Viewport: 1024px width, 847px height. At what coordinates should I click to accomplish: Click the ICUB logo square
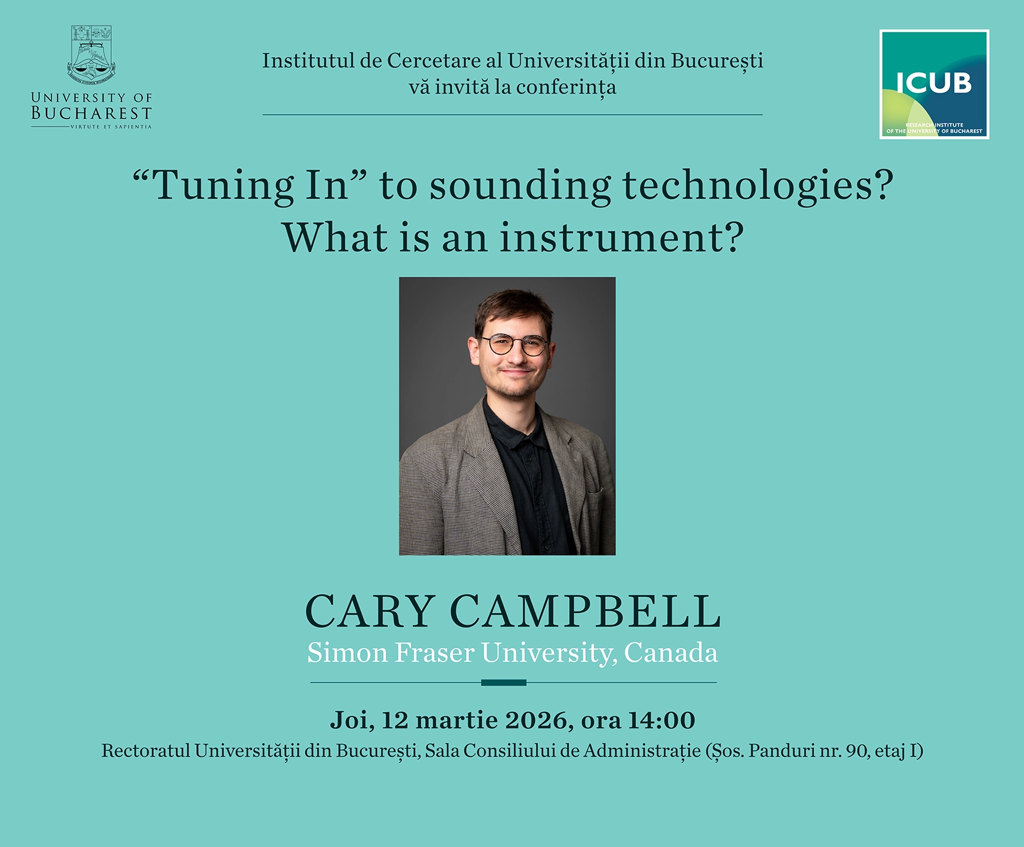click(x=934, y=84)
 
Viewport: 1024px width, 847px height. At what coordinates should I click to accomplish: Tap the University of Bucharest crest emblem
click(x=92, y=55)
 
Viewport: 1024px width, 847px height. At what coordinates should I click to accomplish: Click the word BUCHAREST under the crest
click(x=92, y=113)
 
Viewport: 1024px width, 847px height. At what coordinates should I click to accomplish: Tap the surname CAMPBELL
click(x=585, y=611)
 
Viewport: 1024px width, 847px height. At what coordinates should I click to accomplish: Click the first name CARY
click(x=369, y=611)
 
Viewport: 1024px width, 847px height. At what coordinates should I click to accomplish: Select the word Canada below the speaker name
click(x=671, y=653)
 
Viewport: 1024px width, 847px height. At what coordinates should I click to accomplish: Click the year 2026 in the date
click(x=536, y=720)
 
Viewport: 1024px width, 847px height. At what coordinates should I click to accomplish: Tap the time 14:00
click(x=662, y=720)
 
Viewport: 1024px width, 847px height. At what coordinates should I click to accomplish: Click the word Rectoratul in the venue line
click(x=146, y=751)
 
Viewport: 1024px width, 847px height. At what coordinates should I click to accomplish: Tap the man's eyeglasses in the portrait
click(x=514, y=345)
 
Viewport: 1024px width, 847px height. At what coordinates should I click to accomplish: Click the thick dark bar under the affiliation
click(x=504, y=683)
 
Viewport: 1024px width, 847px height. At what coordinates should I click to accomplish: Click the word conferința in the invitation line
click(x=566, y=87)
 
